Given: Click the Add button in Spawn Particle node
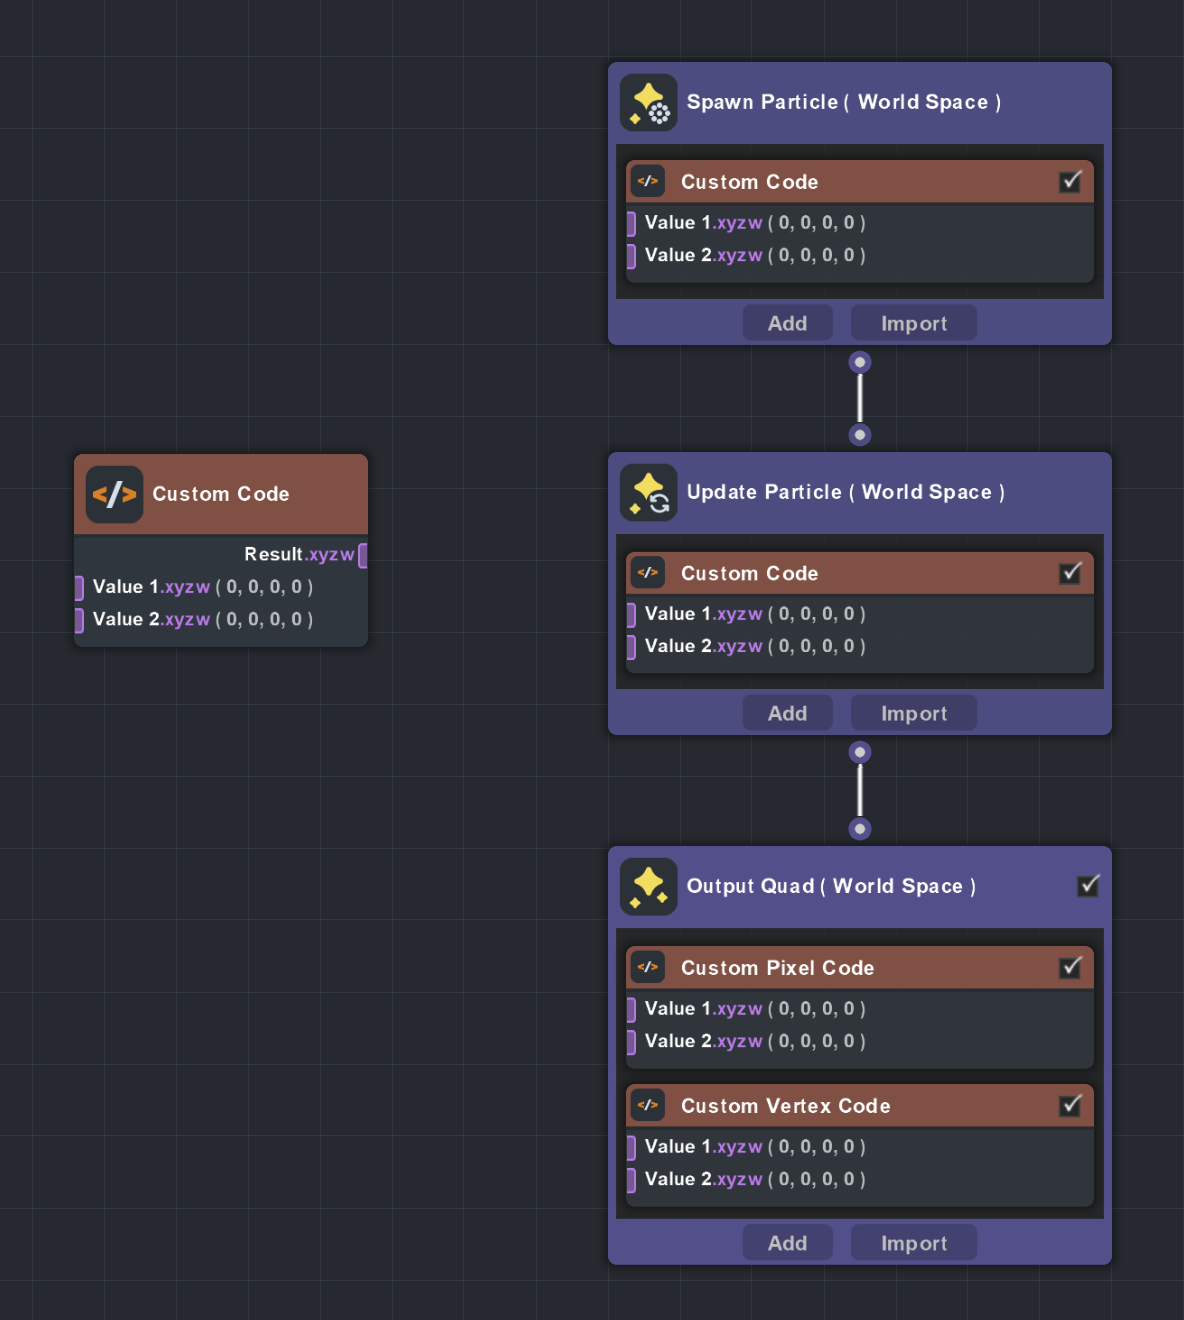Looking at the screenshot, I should click(x=787, y=323).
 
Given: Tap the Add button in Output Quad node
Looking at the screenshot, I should click(x=787, y=1243).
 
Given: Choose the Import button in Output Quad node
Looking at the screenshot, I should click(x=913, y=1243).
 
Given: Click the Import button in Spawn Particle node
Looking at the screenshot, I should click(x=913, y=323).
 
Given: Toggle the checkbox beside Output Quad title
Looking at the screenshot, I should click(x=1089, y=885).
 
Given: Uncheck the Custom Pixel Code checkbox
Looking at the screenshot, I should click(x=1071, y=967).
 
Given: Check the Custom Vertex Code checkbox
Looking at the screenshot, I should click(x=1071, y=1105).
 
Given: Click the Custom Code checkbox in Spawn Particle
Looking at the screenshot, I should click(x=1071, y=181).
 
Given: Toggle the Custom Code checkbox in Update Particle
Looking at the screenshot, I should click(x=1071, y=572).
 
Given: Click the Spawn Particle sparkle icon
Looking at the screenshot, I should click(x=648, y=103).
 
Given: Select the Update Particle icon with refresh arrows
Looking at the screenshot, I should click(x=648, y=493).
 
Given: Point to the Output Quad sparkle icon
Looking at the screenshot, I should click(x=648, y=887).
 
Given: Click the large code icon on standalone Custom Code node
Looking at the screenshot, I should click(x=114, y=494).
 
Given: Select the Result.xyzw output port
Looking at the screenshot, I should click(x=362, y=555).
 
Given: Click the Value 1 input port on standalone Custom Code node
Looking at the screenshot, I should click(x=79, y=587).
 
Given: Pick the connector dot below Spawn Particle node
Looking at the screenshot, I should click(x=860, y=362).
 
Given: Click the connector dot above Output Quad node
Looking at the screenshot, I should click(x=860, y=829).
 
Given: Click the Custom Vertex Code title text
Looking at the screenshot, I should click(x=785, y=1106).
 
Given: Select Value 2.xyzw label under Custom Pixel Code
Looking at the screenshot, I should click(x=703, y=1041).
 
